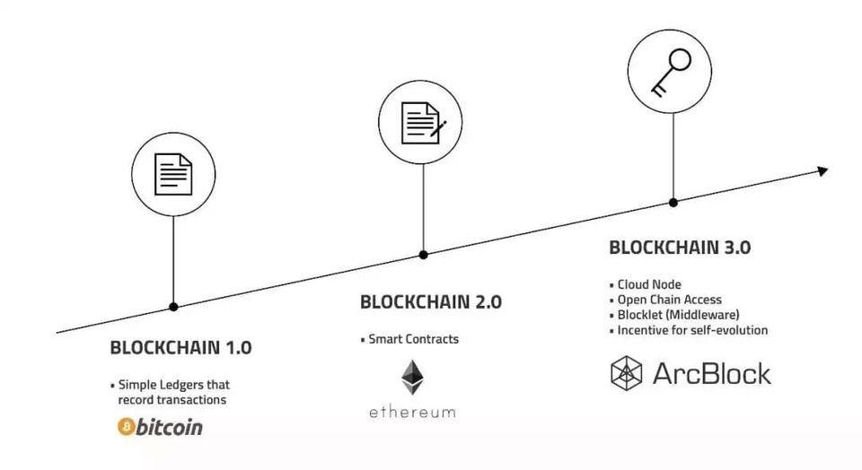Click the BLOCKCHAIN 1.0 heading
(x=180, y=347)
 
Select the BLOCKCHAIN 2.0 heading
(x=431, y=302)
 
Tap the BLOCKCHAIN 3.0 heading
(x=680, y=248)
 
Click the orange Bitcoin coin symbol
(x=126, y=427)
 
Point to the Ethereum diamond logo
(x=412, y=378)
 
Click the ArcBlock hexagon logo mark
(x=627, y=373)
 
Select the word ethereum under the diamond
(x=412, y=413)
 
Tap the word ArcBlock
(x=712, y=373)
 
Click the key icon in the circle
(x=671, y=73)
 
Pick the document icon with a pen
(x=423, y=123)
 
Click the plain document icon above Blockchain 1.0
(x=173, y=175)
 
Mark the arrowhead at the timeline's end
(x=822, y=171)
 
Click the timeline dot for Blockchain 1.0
(x=173, y=307)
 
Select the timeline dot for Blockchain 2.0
(x=423, y=255)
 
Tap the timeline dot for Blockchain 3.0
(x=673, y=203)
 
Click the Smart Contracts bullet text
(x=413, y=339)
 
